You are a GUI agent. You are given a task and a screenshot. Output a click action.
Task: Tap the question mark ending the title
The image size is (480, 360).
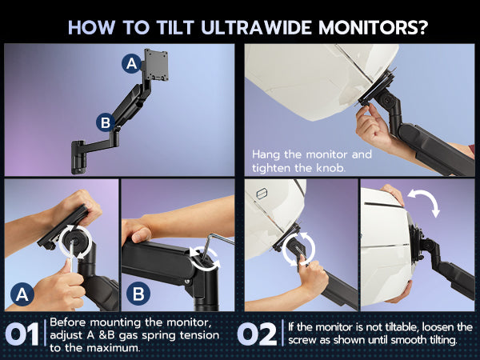click(422, 27)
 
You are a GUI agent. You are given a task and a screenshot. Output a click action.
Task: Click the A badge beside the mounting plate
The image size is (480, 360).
click(132, 63)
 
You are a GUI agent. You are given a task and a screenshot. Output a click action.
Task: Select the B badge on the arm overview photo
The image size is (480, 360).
click(106, 122)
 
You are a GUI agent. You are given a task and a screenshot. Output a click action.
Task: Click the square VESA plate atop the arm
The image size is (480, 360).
click(156, 65)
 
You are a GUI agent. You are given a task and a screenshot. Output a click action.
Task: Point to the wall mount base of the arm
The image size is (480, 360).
click(78, 158)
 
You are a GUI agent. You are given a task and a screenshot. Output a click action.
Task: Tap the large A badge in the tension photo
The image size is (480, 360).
click(22, 294)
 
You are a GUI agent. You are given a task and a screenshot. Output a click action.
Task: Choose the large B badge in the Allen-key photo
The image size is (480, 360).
click(138, 294)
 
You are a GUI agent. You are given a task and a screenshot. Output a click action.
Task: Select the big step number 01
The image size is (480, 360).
click(22, 334)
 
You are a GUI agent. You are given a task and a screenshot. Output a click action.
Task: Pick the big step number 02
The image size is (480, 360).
click(257, 334)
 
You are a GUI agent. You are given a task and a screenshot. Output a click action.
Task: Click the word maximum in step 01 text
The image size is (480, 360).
click(112, 348)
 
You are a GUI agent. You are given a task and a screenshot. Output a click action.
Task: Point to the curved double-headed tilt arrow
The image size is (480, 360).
click(424, 202)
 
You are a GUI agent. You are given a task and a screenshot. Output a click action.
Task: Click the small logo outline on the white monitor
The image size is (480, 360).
click(262, 194)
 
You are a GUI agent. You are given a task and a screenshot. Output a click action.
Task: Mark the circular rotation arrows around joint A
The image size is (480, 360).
click(75, 242)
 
